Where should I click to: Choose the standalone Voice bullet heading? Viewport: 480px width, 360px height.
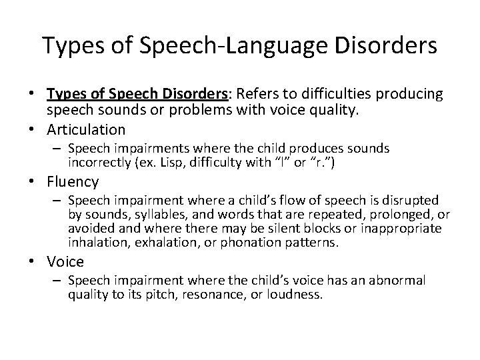pos(65,262)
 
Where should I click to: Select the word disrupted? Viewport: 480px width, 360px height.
pos(411,200)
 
